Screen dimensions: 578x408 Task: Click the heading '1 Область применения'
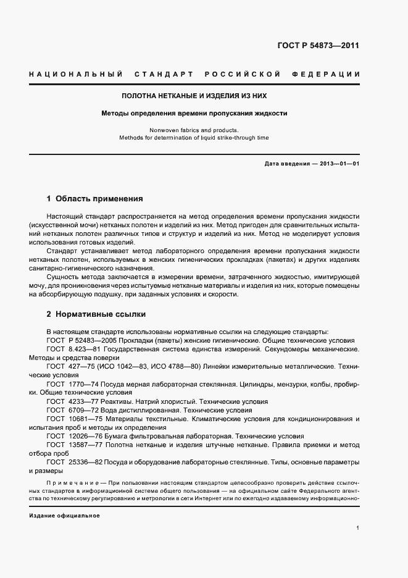95,199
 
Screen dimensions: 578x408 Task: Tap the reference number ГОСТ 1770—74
75,383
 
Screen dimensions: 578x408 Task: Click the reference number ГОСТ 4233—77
75,401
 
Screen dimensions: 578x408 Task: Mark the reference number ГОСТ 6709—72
75,409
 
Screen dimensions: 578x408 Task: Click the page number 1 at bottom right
358,528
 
